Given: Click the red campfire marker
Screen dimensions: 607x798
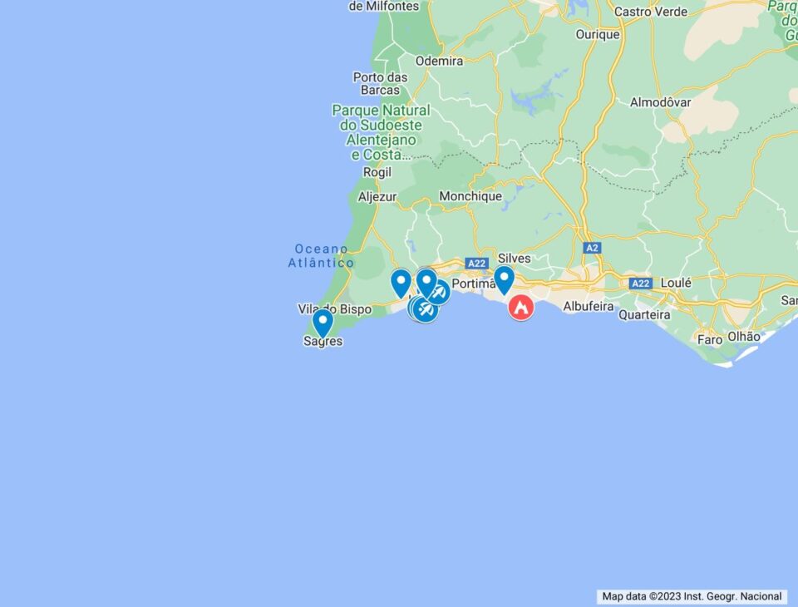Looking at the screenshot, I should tap(521, 308).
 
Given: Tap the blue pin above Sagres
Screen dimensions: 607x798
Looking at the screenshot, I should tap(323, 322).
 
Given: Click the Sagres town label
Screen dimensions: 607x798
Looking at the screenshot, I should tap(323, 341).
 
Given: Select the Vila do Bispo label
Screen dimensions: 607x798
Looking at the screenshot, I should tap(334, 309).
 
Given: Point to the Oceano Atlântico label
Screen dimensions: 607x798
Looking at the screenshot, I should tap(321, 256).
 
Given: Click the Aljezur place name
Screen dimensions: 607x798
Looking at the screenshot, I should tap(377, 197).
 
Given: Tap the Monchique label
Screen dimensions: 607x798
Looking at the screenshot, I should tap(470, 196).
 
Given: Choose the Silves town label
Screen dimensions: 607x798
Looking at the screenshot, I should tap(514, 259).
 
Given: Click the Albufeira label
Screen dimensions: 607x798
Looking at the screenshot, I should tap(589, 306).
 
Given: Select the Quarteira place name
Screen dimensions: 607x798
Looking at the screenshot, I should tap(645, 315).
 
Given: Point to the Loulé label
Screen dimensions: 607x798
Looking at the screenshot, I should tap(676, 283).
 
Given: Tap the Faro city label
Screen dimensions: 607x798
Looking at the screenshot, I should tap(710, 339).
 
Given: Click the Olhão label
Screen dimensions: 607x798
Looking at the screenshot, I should tap(743, 337).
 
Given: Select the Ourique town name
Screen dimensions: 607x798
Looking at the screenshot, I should tap(598, 35).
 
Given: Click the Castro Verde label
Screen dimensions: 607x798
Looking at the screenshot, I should tap(651, 12).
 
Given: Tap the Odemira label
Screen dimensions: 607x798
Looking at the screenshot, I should tap(439, 61).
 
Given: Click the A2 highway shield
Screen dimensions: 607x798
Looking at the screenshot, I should tap(591, 248).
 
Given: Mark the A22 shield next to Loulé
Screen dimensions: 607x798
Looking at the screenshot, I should tap(639, 284).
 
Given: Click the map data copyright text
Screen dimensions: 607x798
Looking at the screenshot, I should tap(692, 596).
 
